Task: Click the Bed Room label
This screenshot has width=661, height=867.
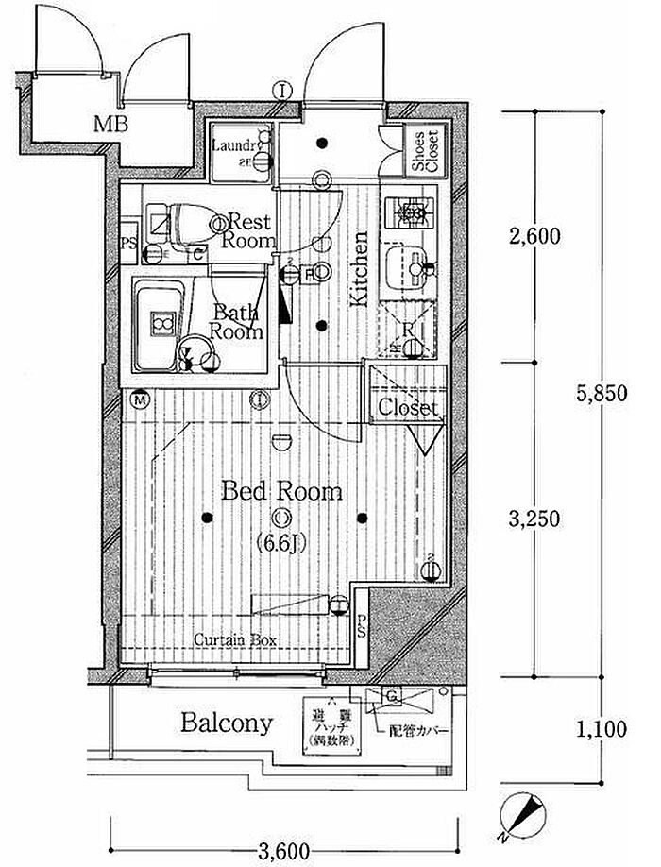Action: point(281,492)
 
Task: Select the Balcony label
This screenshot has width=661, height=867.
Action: point(227,724)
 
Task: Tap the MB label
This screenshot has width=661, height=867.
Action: point(110,122)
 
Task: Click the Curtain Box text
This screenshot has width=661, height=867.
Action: point(236,639)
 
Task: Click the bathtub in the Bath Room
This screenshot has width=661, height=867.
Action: point(158,324)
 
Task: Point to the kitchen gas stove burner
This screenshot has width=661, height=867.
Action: point(410,213)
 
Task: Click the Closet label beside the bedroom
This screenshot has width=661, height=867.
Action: point(408,408)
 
